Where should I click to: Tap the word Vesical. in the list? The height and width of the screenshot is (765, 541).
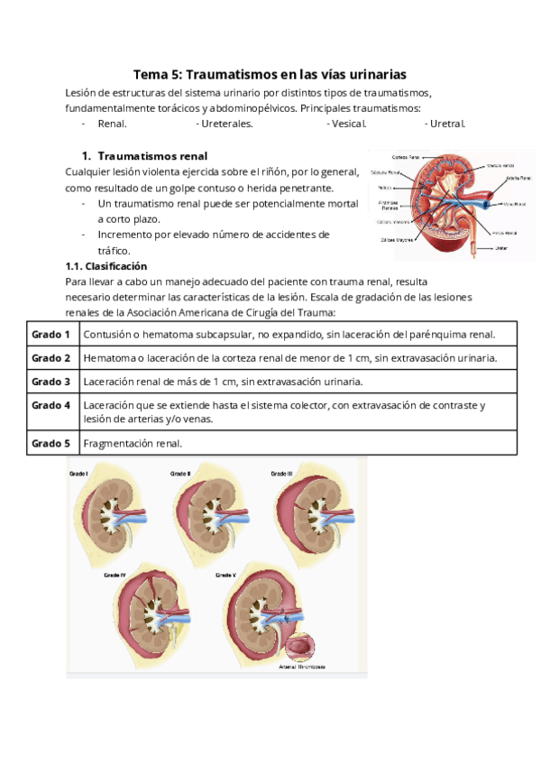[347, 124]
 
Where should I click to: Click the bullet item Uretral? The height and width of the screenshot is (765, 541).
[447, 124]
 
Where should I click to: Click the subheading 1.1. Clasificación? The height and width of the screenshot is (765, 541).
[106, 267]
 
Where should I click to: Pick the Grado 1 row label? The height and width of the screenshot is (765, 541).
[51, 335]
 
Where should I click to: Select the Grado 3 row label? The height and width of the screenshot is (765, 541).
[51, 382]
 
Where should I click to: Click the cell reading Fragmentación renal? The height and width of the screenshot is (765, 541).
[133, 444]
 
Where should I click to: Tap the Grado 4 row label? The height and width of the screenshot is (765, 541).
[51, 405]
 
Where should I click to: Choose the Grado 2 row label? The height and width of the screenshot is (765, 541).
[51, 358]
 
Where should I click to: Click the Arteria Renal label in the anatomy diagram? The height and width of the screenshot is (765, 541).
[518, 178]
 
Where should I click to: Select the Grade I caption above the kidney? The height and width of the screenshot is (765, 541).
[78, 473]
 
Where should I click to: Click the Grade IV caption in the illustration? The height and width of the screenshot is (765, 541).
[115, 574]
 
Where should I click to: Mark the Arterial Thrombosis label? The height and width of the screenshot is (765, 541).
[301, 667]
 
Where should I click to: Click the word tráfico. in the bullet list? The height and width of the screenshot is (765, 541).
[115, 251]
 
